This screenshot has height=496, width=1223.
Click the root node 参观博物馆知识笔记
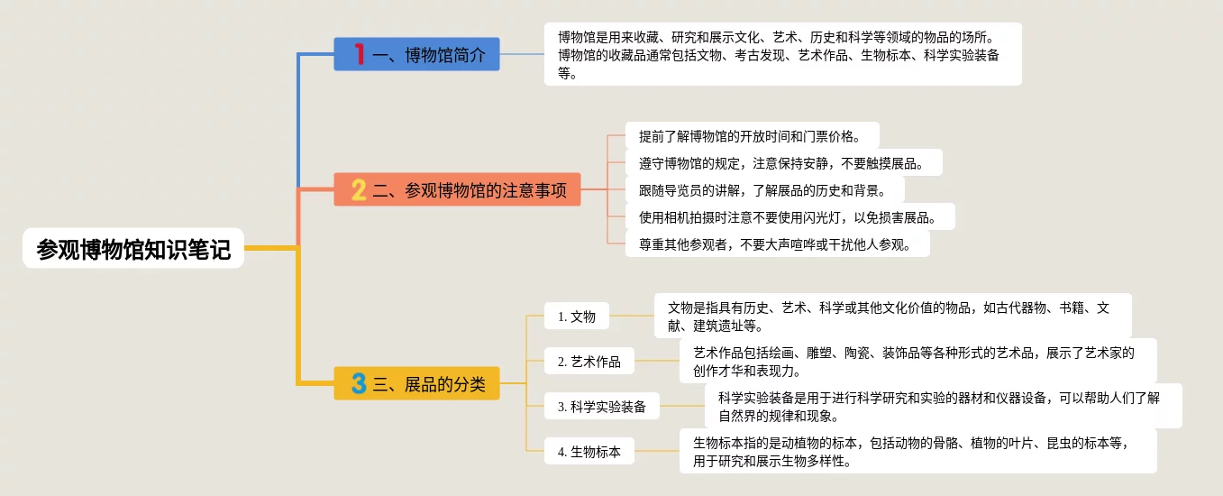coord(133,248)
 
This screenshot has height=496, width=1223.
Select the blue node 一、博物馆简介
coord(416,54)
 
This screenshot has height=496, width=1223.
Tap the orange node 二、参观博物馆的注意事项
coord(457,189)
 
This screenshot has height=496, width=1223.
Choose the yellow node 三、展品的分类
coord(416,383)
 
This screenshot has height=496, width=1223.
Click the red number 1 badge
coord(359,54)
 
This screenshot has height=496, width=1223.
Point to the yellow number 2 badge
coord(358,189)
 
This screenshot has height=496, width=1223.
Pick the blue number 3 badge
coord(358,383)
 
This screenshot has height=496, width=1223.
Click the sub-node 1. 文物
coord(576,316)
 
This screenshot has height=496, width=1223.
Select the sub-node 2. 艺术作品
coord(589,361)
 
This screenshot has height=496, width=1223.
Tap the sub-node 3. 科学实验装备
coord(601,406)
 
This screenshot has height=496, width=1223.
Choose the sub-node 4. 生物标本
coord(589,451)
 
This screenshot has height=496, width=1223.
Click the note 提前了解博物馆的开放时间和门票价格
coord(752,136)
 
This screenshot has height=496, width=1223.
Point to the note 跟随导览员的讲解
coord(764,190)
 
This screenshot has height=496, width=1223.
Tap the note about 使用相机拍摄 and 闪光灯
coord(789,217)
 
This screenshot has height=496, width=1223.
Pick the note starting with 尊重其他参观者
coord(777,244)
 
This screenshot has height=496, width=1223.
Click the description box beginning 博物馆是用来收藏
coord(782,54)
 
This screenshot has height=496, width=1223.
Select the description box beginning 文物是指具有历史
coord(892,316)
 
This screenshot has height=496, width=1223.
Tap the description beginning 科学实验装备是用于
coord(943,406)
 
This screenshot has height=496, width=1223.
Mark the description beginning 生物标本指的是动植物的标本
coord(917,451)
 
